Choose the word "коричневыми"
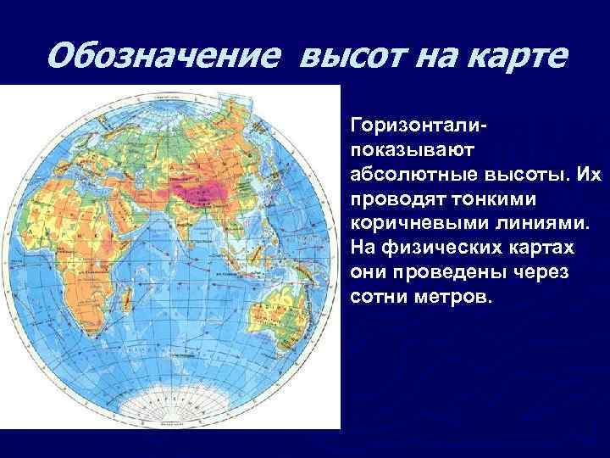[418, 223]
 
